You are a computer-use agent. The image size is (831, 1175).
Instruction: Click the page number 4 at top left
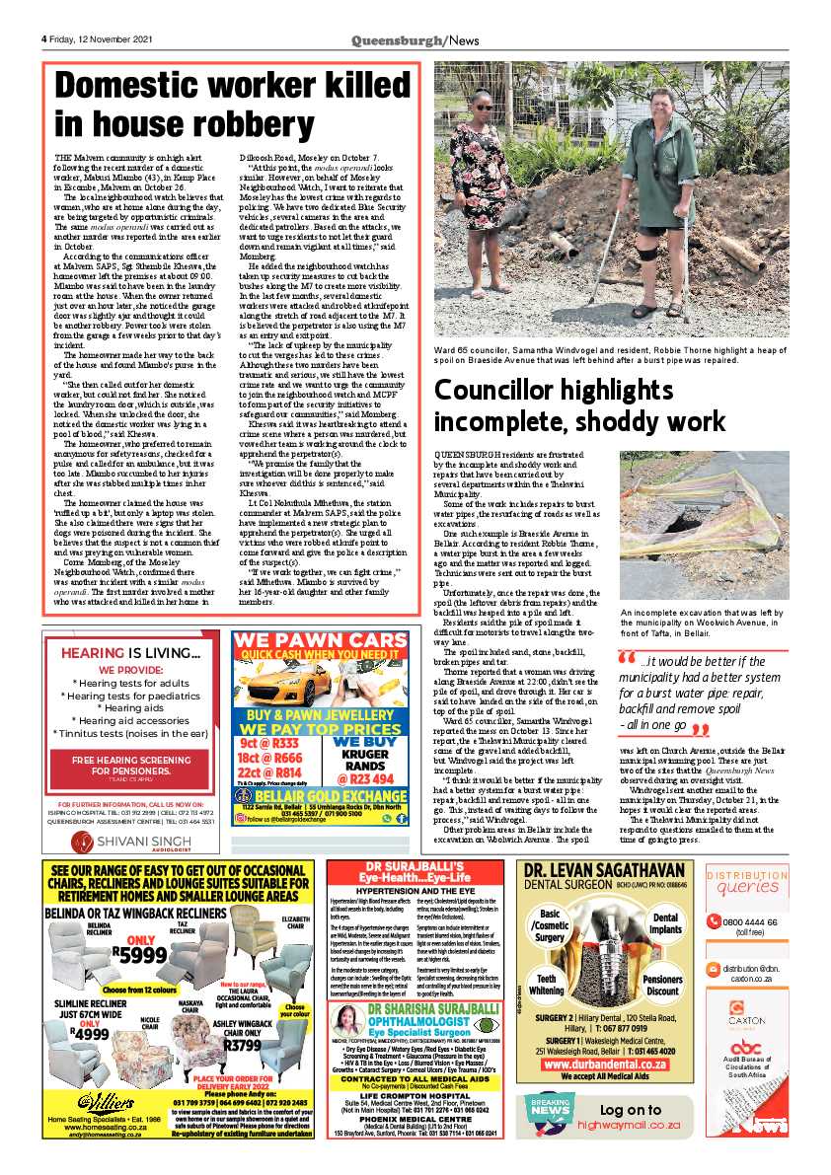coord(44,38)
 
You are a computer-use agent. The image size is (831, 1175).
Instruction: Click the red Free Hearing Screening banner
coord(133,765)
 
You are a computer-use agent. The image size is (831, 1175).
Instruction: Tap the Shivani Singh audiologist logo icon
coord(56,841)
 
